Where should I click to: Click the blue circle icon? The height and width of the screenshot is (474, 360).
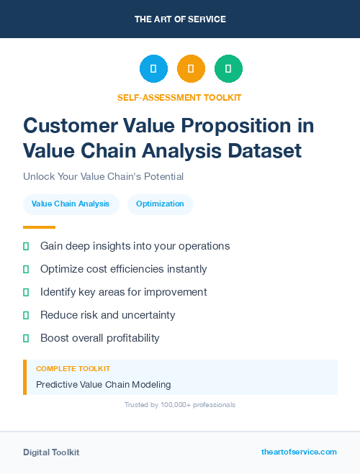(153, 68)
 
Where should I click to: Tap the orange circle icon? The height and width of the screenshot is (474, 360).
(191, 68)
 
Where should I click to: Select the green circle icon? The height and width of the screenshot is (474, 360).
(228, 68)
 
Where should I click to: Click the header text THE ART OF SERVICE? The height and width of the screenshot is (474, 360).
(180, 19)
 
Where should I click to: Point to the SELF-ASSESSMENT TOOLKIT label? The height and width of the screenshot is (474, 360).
(179, 97)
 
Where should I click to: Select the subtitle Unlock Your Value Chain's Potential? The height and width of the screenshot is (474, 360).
(103, 176)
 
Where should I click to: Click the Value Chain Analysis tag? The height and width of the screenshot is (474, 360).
(71, 204)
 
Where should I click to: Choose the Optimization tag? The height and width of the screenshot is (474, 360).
(160, 204)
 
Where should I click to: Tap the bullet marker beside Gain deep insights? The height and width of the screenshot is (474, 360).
(26, 246)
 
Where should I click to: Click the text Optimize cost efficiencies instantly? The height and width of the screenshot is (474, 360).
(123, 269)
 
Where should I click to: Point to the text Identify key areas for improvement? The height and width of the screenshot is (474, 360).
(123, 292)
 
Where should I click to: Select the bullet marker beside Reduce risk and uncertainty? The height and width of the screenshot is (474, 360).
(26, 315)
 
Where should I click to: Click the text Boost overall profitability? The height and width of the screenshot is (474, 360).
(100, 338)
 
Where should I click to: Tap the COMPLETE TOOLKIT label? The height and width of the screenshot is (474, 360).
(73, 368)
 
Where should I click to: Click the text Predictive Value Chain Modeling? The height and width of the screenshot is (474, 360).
(104, 385)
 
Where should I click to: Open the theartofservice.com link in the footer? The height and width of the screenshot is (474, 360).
(299, 452)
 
